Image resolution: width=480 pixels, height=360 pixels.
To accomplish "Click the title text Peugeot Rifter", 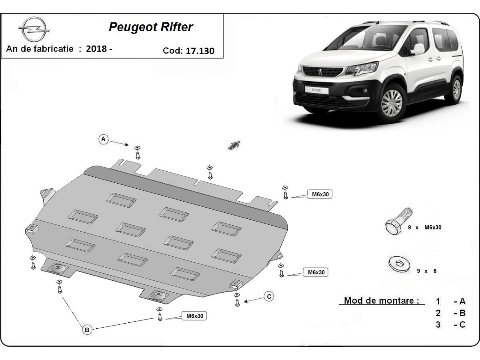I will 150,27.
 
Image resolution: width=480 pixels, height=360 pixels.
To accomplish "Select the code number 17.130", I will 200,51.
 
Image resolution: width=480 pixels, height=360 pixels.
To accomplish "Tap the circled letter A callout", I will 104,139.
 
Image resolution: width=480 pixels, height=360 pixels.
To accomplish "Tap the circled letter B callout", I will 87,330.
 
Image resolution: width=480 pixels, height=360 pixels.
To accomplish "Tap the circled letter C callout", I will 269,296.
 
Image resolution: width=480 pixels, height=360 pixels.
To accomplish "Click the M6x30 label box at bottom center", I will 195,316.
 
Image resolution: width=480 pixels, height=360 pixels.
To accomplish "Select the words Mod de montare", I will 382,301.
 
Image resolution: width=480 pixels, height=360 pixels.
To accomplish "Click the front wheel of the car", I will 392,103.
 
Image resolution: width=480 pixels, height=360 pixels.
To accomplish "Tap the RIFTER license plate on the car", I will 316,90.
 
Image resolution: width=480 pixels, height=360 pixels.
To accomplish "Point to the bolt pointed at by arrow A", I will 138,154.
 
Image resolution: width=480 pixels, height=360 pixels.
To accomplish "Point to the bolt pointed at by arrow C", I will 237,301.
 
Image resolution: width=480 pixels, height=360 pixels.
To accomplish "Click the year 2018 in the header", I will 99,49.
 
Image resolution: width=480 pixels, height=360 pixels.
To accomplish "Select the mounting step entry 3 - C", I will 451,324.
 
